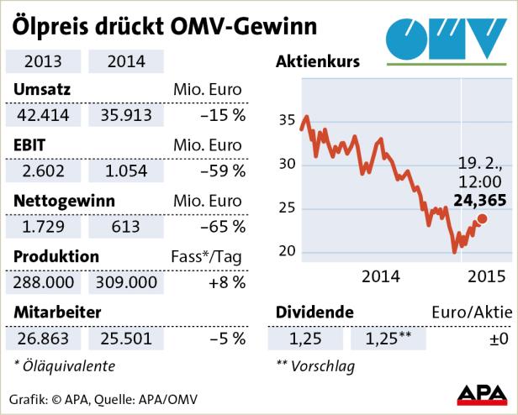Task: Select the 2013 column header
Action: tap(41, 61)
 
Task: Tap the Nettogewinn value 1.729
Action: tap(41, 227)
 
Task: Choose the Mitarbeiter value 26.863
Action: tap(41, 339)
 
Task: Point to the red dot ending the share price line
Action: tap(482, 219)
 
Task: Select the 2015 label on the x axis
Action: tap(485, 275)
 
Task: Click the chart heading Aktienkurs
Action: tap(318, 61)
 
